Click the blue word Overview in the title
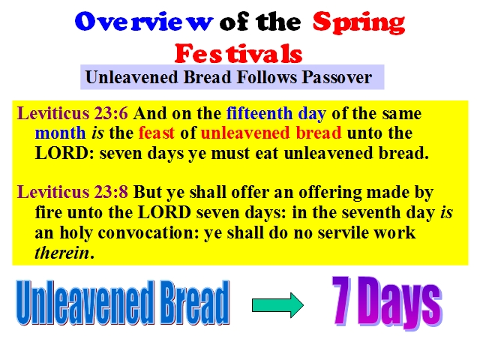click(143, 22)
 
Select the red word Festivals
click(238, 53)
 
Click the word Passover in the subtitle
click(337, 76)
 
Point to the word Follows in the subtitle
click(267, 76)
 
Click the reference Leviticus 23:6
click(72, 113)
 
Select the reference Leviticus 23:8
click(72, 192)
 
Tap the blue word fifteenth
click(259, 113)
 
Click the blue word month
click(60, 133)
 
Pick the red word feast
click(157, 133)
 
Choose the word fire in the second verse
click(48, 212)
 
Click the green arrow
click(277, 305)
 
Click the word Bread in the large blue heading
click(195, 302)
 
